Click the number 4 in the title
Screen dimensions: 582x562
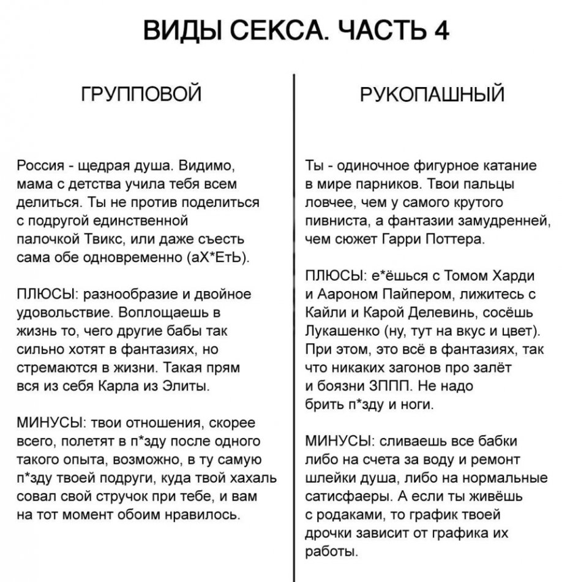[441, 30]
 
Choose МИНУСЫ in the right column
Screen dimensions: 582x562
[336, 440]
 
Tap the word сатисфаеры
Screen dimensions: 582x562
[343, 496]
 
